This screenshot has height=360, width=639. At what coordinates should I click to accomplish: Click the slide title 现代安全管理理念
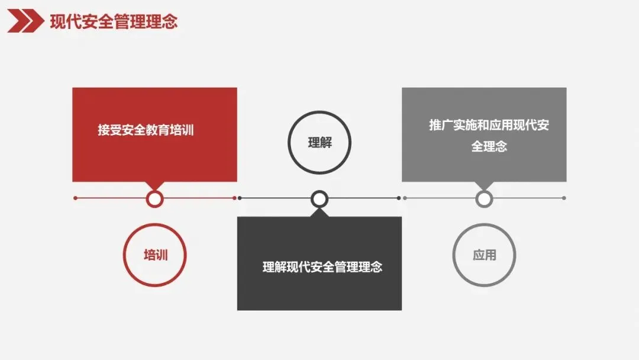click(x=114, y=22)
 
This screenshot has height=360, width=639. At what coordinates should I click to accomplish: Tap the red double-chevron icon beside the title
click(x=25, y=22)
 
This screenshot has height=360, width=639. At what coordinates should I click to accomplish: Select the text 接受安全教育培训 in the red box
click(x=146, y=130)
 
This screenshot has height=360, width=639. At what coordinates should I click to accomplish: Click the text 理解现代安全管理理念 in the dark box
click(x=322, y=267)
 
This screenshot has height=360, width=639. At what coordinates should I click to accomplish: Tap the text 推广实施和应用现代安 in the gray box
click(x=489, y=126)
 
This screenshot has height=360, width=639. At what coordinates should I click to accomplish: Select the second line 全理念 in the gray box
click(x=489, y=146)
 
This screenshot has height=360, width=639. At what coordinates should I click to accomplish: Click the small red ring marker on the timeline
click(x=154, y=198)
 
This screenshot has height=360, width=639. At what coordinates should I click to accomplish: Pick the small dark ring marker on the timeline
click(x=319, y=198)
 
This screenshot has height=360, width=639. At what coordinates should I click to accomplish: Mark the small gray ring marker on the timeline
click(x=484, y=198)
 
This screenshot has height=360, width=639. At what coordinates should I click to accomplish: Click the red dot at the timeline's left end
click(x=75, y=198)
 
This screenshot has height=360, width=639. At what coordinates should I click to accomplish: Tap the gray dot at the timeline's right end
click(x=564, y=198)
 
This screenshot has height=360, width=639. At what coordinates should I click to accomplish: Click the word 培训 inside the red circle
click(x=156, y=255)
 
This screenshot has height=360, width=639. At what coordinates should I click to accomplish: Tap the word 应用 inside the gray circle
click(x=485, y=255)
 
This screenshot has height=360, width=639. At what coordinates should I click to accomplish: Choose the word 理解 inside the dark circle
click(x=320, y=143)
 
